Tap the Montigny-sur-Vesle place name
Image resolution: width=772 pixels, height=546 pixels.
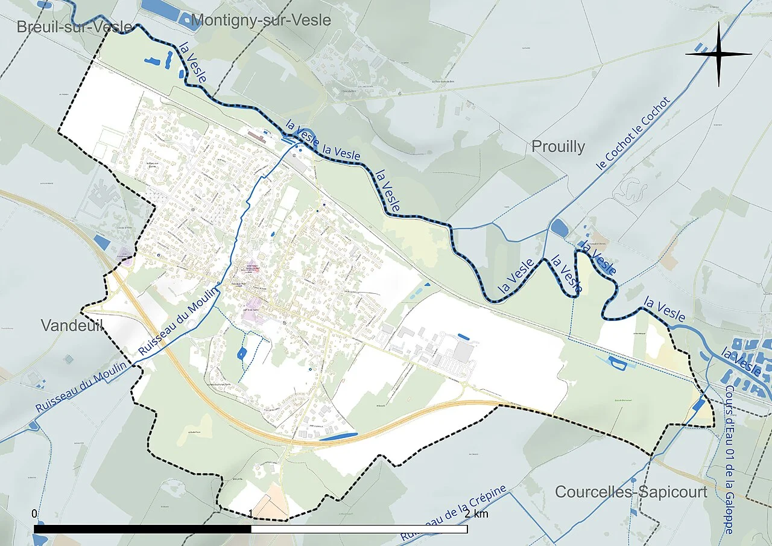tap(261, 20)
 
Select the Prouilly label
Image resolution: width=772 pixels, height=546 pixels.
tap(558, 147)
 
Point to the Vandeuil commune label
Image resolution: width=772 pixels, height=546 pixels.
tap(72, 326)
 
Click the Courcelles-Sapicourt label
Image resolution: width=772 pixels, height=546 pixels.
tap(631, 492)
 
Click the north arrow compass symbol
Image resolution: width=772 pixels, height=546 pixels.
tap(719, 54)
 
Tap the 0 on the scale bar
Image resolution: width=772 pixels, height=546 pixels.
tap(34, 514)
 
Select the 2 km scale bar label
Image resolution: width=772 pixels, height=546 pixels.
tap(476, 514)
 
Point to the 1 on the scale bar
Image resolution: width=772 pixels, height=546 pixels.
tap(250, 514)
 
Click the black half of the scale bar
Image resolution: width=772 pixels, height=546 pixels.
tap(142, 529)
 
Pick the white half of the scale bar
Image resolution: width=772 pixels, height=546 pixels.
tap(359, 529)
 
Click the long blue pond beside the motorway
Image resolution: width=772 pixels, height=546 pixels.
tap(338, 436)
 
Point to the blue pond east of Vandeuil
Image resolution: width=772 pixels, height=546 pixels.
tap(102, 243)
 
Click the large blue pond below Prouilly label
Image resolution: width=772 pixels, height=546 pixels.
tap(560, 228)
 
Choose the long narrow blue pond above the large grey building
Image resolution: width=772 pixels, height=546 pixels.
tap(463, 336)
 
